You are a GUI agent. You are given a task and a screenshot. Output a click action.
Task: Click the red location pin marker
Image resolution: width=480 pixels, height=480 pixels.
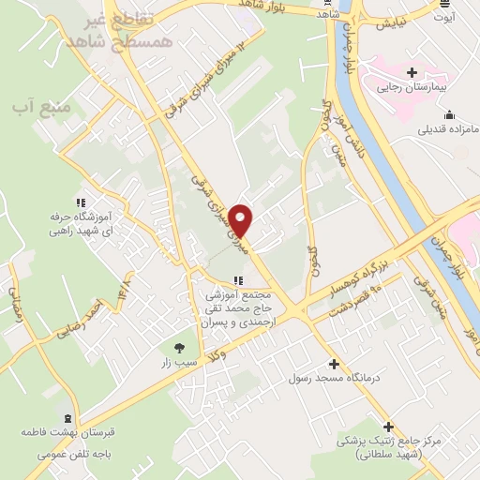(x=242, y=221)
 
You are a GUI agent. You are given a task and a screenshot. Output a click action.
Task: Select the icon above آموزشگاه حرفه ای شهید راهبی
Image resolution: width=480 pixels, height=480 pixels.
(x=81, y=202)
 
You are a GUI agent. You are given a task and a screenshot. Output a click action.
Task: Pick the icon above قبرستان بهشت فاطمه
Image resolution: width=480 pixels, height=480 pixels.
(x=66, y=418)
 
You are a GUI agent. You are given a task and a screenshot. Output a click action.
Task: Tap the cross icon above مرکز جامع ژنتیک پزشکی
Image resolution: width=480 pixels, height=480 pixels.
(x=387, y=427)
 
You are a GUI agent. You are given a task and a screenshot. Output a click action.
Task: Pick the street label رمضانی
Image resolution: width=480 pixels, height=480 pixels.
(x=17, y=303)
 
